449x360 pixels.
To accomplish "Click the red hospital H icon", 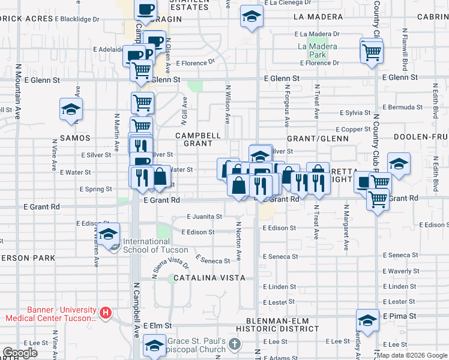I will point(106,313).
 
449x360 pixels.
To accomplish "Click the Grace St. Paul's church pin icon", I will point(234,344).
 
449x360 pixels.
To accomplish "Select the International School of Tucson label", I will point(155,246).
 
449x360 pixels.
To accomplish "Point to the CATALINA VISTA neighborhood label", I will point(209,278).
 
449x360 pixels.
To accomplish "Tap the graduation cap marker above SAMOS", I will point(71,110).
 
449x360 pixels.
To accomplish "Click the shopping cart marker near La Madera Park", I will point(372,51).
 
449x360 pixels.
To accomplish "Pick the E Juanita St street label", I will point(204,217).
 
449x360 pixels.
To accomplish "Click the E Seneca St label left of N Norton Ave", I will point(212,261).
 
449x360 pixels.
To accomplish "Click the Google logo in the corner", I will point(20,353).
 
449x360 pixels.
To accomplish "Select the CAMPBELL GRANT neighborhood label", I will point(194,139).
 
